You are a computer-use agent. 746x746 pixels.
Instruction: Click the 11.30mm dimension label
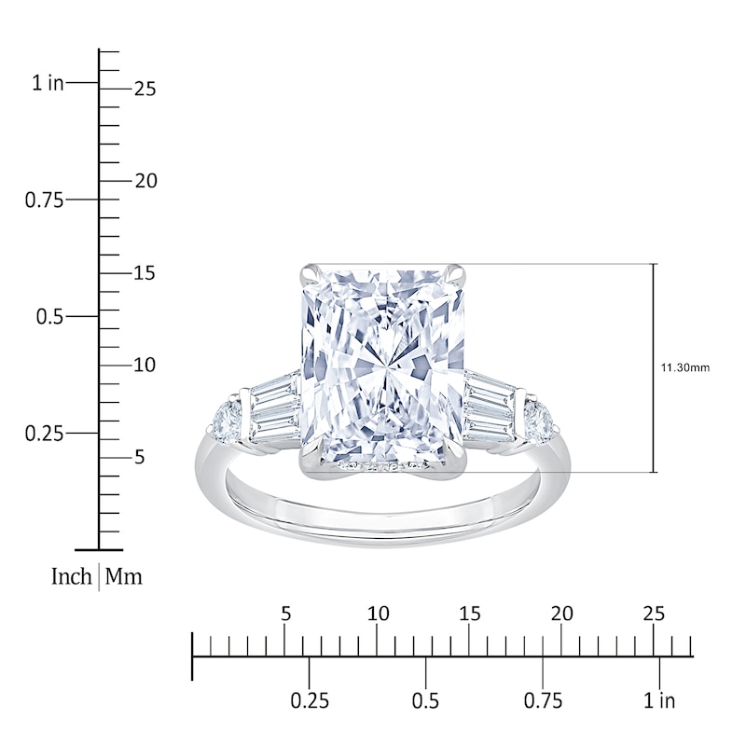click(685, 368)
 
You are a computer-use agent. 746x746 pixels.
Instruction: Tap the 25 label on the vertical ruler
click(145, 89)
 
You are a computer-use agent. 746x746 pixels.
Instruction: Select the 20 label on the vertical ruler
click(145, 181)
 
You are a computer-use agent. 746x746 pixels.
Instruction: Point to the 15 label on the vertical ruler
click(145, 273)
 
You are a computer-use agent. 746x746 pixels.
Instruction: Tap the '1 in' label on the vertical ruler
click(48, 84)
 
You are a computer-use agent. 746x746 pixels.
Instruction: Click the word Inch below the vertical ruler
click(71, 576)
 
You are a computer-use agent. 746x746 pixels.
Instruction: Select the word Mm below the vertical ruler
click(123, 576)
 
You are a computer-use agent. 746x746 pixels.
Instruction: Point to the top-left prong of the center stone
click(309, 273)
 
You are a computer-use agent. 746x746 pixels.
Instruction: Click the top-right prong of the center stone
click(455, 273)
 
